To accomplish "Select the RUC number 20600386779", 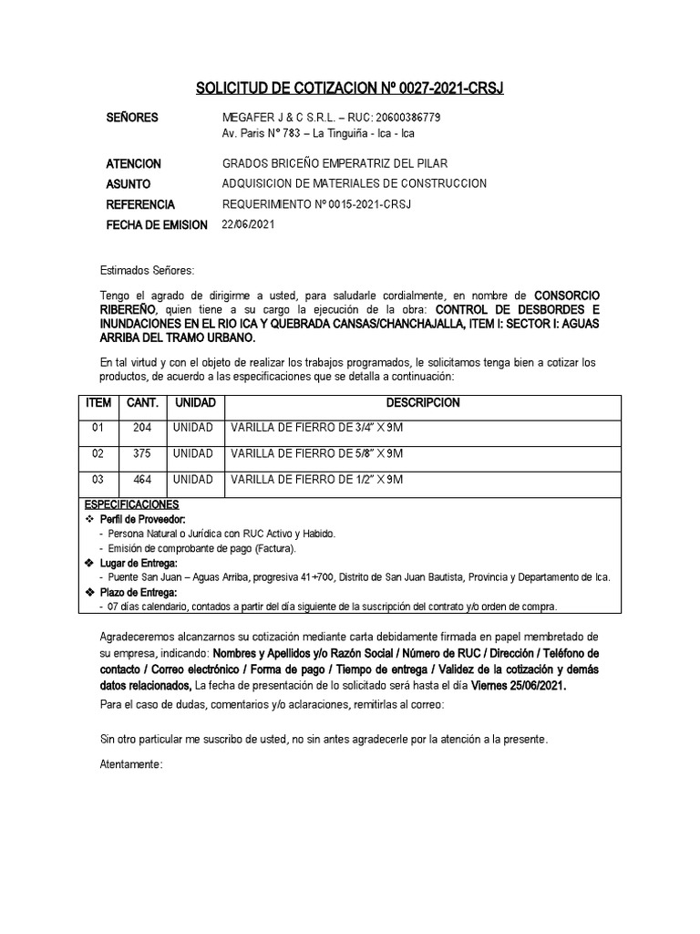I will (x=407, y=118).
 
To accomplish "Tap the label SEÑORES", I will (x=132, y=118).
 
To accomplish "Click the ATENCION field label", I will (x=134, y=164).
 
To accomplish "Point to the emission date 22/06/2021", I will (x=248, y=224).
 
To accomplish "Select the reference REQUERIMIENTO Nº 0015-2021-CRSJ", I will (x=316, y=204).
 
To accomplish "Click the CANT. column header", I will (x=143, y=403).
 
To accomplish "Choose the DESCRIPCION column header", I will (x=423, y=403).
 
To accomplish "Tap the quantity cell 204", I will (x=143, y=428).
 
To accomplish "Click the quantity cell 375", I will (x=143, y=453).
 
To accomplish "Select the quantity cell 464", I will (x=143, y=479).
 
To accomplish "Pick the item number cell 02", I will (x=98, y=453).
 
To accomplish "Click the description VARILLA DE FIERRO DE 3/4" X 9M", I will (x=316, y=428).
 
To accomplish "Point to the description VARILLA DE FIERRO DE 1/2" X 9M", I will (x=316, y=479).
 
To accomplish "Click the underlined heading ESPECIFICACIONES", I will (x=131, y=504).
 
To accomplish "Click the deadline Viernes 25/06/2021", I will (x=513, y=686).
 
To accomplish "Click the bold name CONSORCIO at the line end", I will (x=566, y=296).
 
